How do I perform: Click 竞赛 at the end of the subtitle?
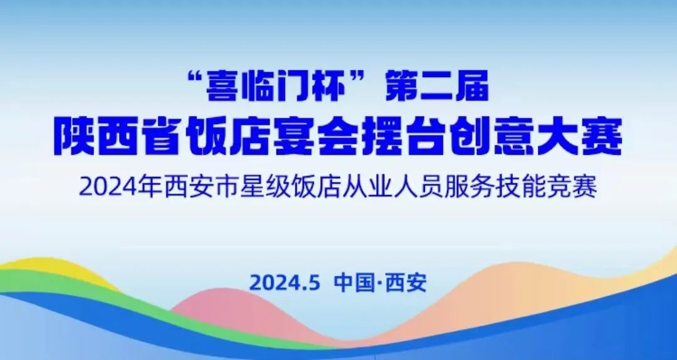tap(572, 188)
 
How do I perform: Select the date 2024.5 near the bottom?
tap(285, 283)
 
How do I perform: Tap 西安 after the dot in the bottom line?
tap(406, 283)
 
